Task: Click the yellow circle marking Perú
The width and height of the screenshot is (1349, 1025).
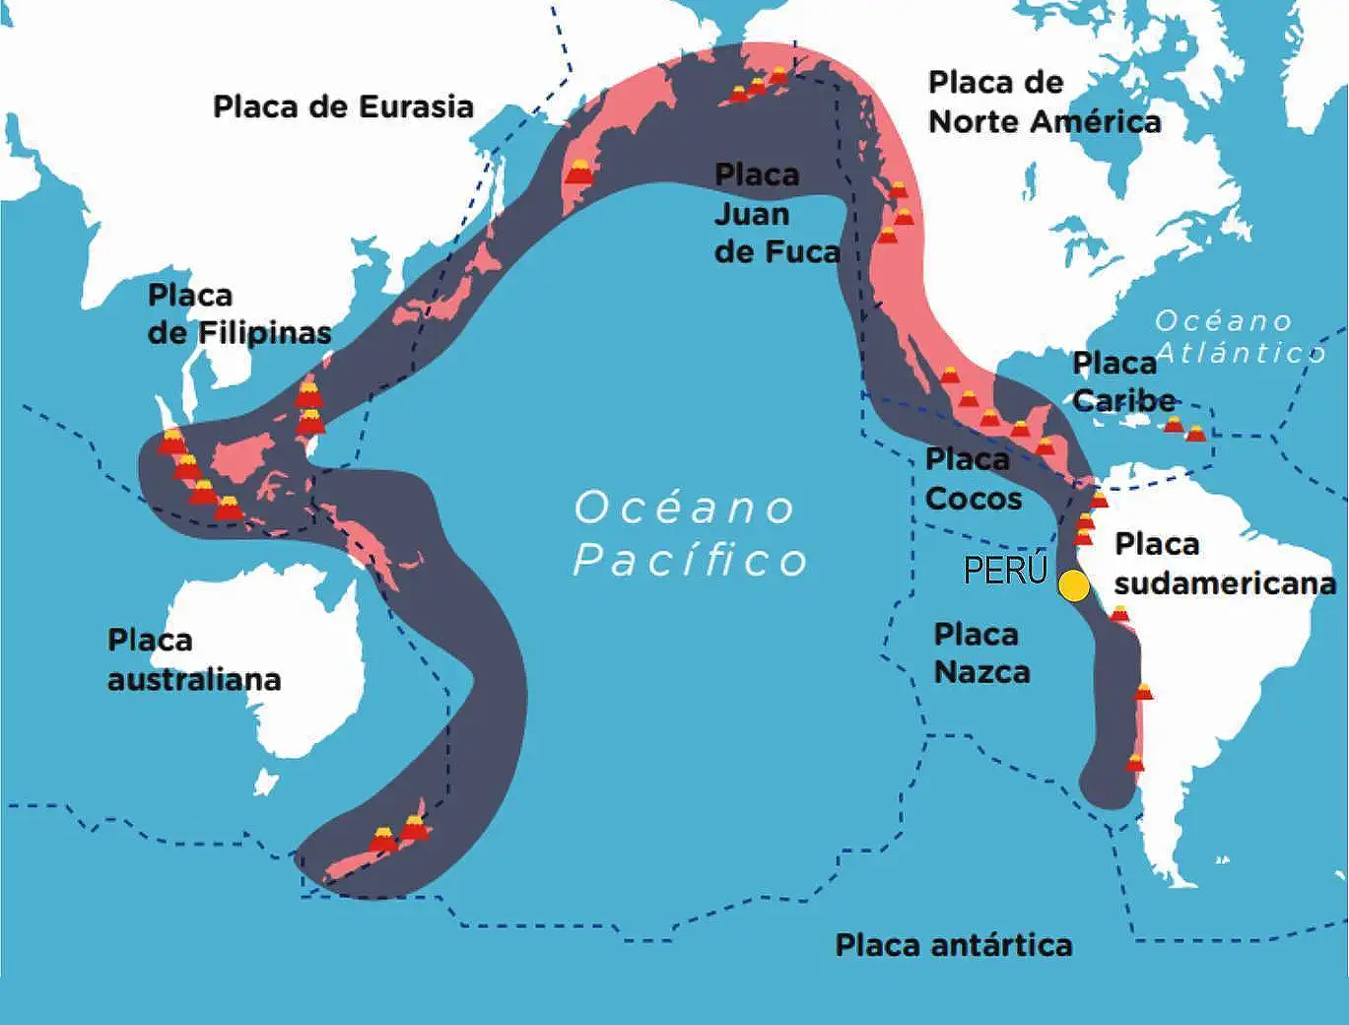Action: [1074, 585]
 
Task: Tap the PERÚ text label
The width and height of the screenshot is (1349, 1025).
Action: [1005, 570]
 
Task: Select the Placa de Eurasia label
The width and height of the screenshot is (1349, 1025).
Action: [343, 106]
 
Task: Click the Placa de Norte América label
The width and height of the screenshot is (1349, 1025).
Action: [1044, 102]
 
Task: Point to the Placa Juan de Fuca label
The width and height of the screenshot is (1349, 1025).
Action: [776, 214]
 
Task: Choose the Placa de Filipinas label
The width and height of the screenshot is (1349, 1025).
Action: [238, 313]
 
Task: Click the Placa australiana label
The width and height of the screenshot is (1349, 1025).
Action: [193, 659]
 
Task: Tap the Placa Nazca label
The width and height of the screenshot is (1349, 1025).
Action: [981, 652]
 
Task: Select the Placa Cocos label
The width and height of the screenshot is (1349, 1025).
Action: [972, 479]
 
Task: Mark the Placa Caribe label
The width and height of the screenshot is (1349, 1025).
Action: [1122, 381]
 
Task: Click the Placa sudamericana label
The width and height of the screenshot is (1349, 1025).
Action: [1224, 564]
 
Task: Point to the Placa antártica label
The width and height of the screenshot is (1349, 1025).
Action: [953, 945]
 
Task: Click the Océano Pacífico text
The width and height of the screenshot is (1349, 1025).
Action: [690, 533]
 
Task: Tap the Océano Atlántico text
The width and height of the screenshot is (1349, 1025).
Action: [1239, 336]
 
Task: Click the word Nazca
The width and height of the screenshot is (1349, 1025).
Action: [981, 672]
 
